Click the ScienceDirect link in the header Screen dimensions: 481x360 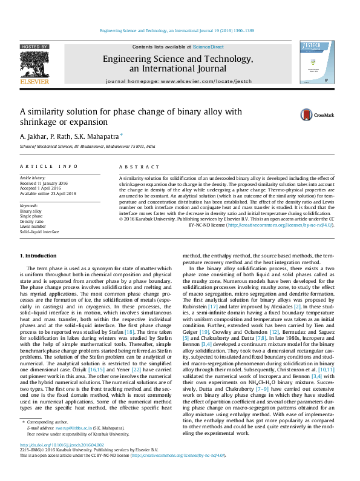[x=208, y=47]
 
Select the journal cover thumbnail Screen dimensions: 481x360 [x=312, y=64]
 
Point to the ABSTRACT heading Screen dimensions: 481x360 [x=134, y=166]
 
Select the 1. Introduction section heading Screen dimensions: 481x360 [x=39, y=256]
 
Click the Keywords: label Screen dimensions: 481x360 [x=30, y=206]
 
